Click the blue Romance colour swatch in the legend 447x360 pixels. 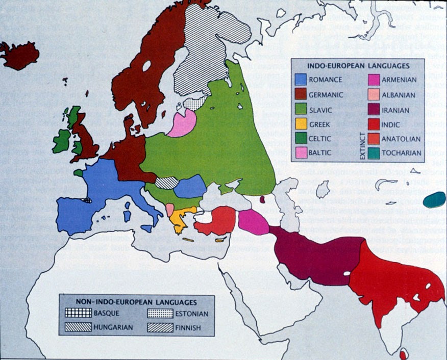(301, 80)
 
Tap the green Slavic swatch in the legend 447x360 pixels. (301, 109)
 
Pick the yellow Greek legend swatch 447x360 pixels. (301, 124)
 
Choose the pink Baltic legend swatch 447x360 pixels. (301, 152)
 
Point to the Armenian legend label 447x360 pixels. (400, 80)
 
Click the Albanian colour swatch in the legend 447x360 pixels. (374, 95)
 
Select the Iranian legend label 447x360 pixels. (398, 109)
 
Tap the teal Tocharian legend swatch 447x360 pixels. (374, 152)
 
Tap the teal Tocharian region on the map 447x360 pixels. (434, 199)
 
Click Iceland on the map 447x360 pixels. (19, 55)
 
